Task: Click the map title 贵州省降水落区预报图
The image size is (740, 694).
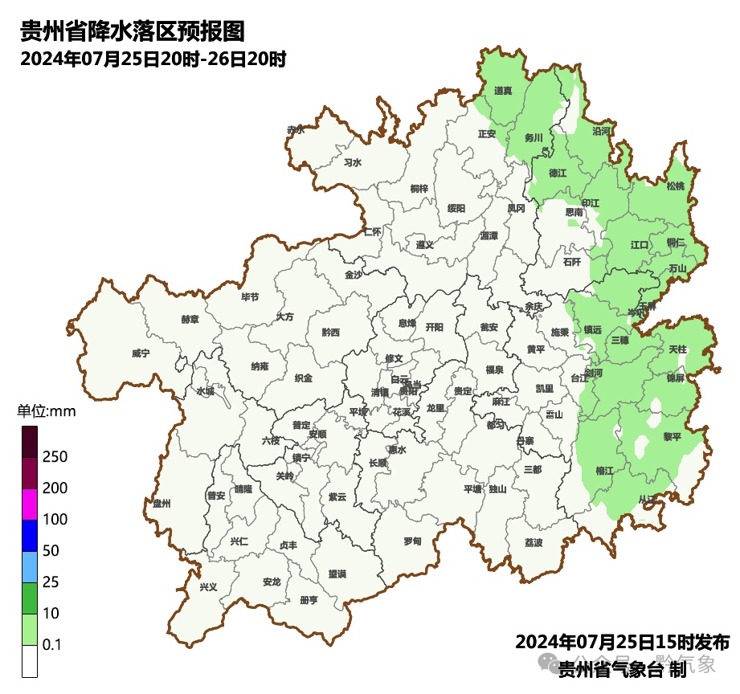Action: point(132,31)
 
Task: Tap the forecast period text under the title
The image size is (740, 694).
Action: point(153,59)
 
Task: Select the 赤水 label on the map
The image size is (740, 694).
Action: point(296,129)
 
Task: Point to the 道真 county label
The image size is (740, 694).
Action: point(504,91)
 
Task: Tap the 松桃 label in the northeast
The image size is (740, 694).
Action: point(676,186)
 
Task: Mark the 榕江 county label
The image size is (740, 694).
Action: point(604,470)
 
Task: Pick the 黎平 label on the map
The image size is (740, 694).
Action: point(672,436)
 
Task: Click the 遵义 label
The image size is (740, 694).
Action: point(424,244)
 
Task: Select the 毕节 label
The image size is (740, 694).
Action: point(251,296)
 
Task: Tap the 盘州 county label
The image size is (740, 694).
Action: point(161,503)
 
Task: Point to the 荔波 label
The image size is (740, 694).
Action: point(534,542)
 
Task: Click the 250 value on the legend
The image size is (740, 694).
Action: point(55,457)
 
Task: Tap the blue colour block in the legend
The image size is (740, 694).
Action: point(30,536)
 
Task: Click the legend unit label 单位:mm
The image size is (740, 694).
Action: point(46,412)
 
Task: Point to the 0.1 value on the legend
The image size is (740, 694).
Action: point(52,645)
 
